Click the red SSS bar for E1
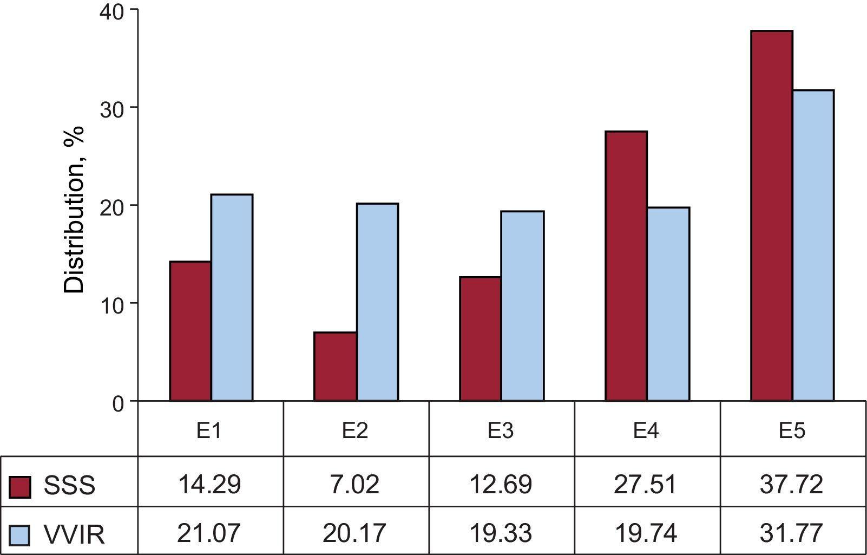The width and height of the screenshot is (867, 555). point(191,331)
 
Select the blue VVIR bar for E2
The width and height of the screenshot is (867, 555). point(377,302)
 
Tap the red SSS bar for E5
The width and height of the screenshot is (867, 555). point(772,216)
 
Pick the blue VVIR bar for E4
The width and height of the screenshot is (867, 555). point(668,304)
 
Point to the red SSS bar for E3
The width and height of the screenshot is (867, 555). point(481,339)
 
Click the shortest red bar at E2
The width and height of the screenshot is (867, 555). point(336,367)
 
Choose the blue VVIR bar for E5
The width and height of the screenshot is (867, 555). point(813,245)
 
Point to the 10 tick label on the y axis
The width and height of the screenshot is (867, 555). point(111,304)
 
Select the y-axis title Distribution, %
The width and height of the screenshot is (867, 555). point(75,209)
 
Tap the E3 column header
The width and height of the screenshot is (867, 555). point(501,431)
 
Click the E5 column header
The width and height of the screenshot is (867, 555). point(792,431)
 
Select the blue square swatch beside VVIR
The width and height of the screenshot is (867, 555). point(20,535)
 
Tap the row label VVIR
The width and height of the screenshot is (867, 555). point(74,535)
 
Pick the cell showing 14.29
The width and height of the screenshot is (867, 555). point(209,484)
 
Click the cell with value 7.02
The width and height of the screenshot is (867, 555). point(354,484)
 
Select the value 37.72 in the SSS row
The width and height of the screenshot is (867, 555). point(791,484)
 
